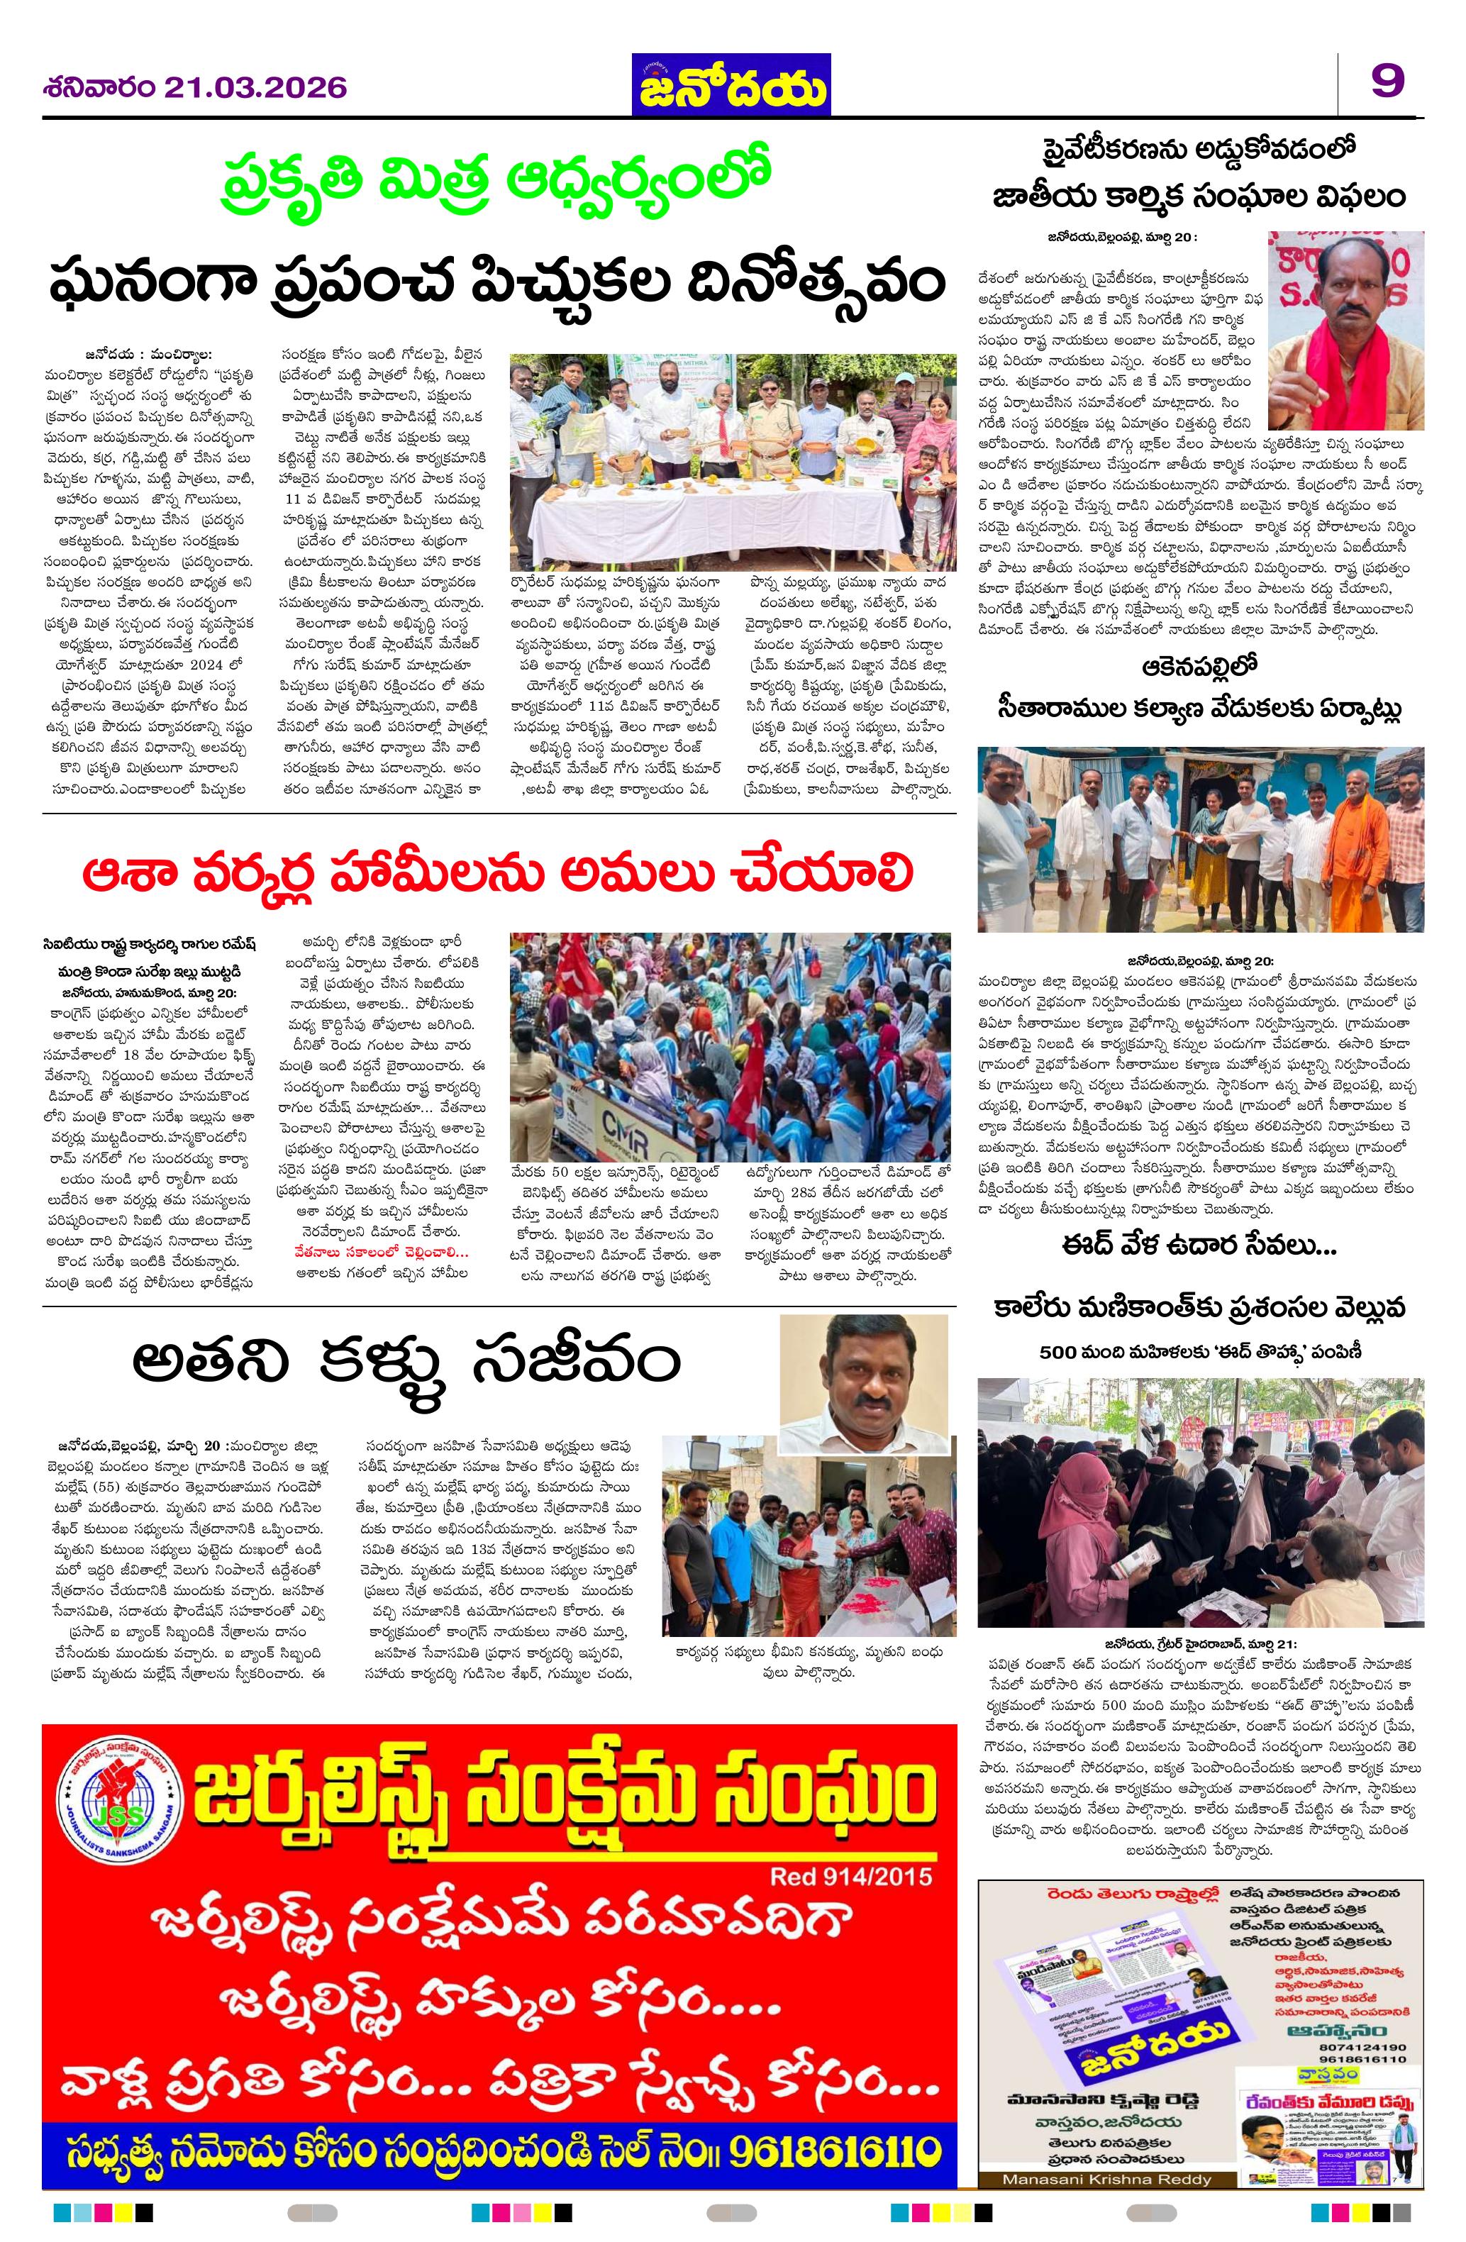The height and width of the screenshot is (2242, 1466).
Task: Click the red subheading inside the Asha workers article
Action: [x=381, y=1253]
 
